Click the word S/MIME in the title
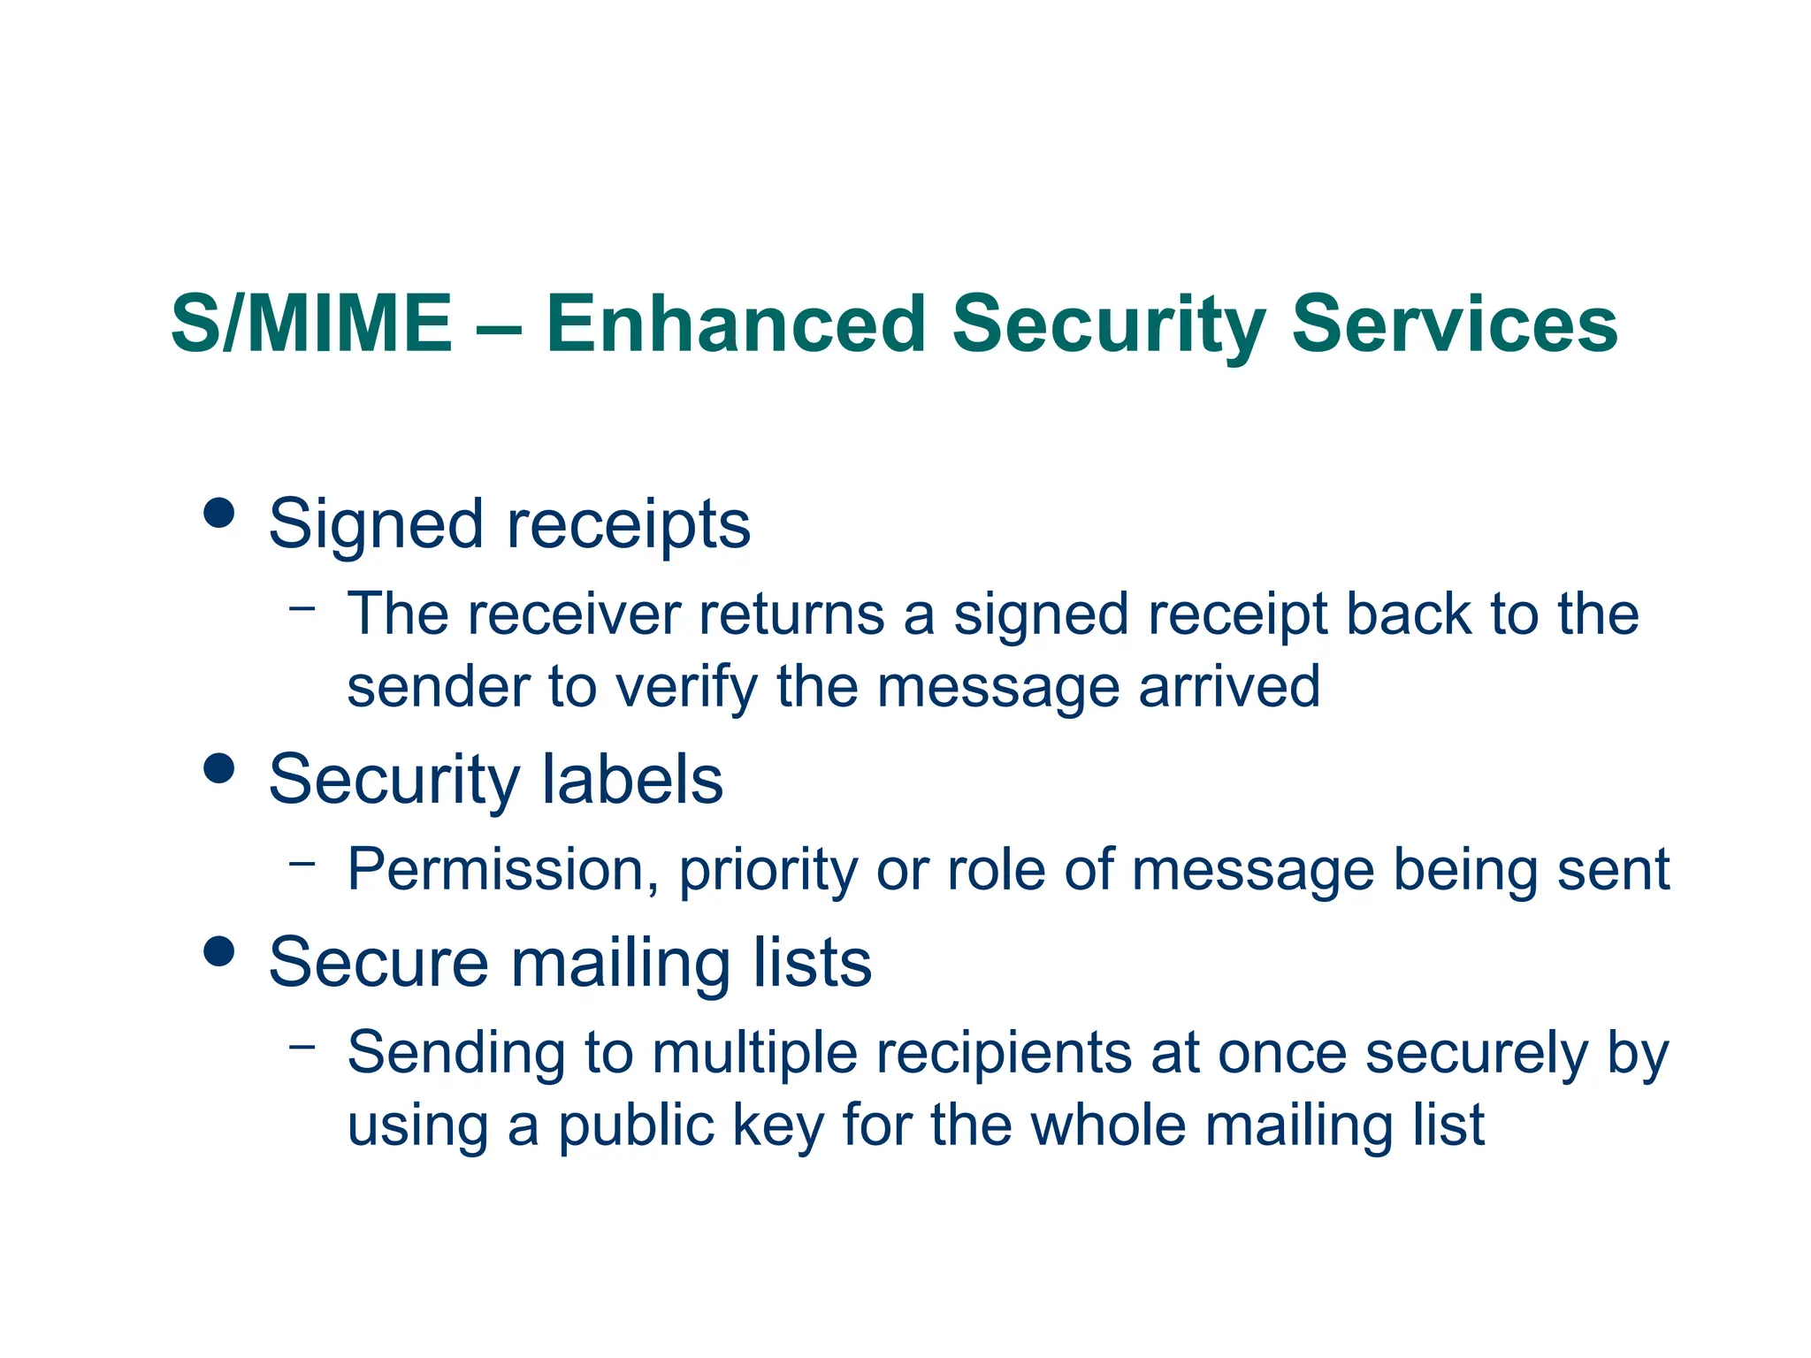click(311, 324)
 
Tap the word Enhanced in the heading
click(736, 324)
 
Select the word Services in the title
click(1455, 324)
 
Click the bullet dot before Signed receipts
click(218, 512)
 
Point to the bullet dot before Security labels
click(218, 767)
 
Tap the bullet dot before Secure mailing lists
click(218, 951)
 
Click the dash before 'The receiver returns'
click(302, 607)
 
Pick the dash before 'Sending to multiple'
click(302, 1046)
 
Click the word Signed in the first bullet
click(376, 524)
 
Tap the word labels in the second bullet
click(632, 780)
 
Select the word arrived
click(1229, 686)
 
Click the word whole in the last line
click(1109, 1125)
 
